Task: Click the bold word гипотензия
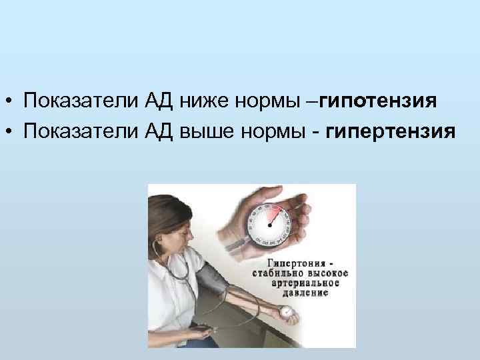click(x=377, y=102)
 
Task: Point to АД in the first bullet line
click(x=159, y=102)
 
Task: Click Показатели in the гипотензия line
click(x=81, y=102)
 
